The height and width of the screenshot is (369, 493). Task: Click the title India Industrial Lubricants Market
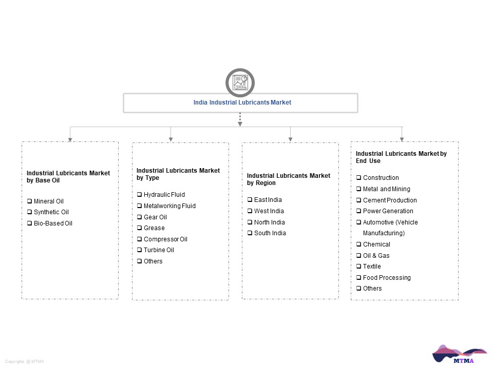242,102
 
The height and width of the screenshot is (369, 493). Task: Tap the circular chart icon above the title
240,83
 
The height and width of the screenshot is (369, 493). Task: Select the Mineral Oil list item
49,201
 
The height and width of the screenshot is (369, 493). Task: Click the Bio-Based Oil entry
53,223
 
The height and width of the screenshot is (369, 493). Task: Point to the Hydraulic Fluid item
164,195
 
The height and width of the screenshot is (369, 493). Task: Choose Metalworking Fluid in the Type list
169,206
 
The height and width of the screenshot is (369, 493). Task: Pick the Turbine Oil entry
159,250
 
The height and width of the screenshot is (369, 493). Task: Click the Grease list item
154,228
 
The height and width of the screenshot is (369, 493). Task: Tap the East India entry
268,200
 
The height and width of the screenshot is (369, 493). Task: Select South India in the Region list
270,233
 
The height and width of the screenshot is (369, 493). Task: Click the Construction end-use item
381,178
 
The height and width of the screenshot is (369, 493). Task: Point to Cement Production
390,200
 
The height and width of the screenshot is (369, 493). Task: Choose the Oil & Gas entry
376,256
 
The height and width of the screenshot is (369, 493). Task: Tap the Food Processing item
387,278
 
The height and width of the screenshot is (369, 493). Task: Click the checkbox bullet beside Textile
358,266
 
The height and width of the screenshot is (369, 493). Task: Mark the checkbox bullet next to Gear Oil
139,217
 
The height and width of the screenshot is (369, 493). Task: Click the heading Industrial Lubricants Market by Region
289,179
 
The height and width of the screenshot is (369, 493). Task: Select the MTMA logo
460,354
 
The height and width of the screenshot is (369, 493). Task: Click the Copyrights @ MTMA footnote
25,361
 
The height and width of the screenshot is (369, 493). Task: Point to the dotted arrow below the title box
240,119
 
